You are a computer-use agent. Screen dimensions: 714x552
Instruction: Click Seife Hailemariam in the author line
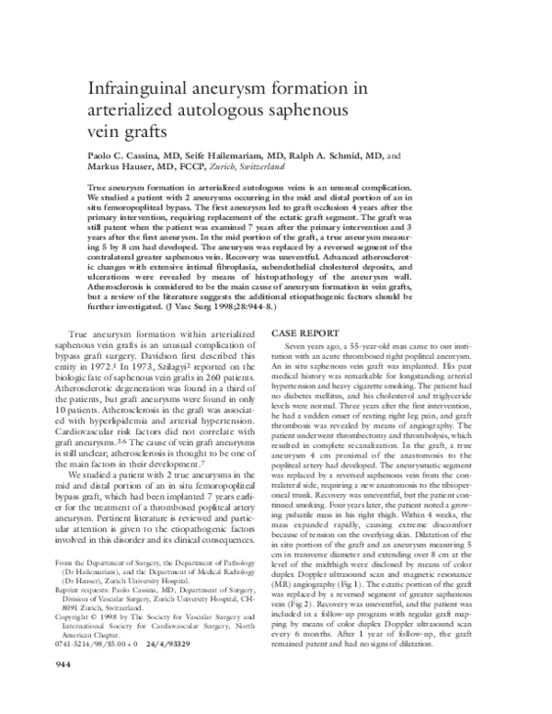pyautogui.click(x=226, y=156)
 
